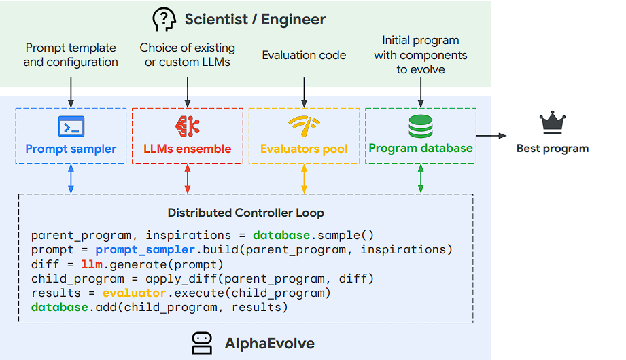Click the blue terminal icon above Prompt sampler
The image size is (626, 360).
point(71,126)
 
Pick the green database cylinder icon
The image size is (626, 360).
point(420,126)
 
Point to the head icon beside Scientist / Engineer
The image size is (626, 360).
point(164,20)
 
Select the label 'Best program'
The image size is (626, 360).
point(553,149)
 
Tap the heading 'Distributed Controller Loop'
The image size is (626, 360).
point(245,213)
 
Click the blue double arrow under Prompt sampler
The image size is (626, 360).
point(71,179)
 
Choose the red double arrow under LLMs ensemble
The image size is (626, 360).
point(188,179)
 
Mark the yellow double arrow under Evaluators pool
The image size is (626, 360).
point(304,179)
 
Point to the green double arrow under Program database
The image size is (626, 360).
point(421,179)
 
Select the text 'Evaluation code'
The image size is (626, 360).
point(304,55)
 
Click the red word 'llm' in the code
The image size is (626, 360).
point(90,264)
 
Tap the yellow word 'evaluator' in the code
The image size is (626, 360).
point(134,293)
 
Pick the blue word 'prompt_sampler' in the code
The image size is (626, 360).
point(141,250)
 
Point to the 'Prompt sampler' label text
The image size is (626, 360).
point(71,149)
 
